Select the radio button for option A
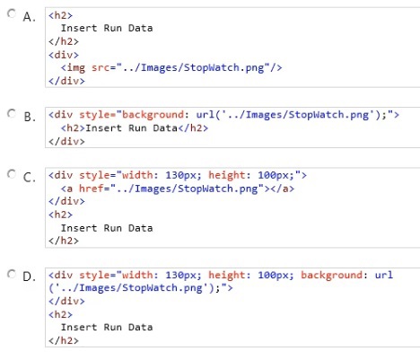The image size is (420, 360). pos(12,13)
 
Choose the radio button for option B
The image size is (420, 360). pos(12,113)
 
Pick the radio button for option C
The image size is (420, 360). pos(12,174)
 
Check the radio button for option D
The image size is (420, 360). pos(12,274)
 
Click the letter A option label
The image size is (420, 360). pos(29,17)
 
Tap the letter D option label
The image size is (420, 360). pos(29,277)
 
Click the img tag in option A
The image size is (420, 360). pos(73,68)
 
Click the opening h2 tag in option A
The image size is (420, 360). pos(60,15)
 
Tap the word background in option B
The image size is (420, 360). pos(153,115)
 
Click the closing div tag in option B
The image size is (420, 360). pos(66,141)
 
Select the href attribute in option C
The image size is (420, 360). pos(92,189)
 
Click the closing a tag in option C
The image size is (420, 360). pos(283,189)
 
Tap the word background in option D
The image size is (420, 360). pos(331,276)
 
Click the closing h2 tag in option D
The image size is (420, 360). pos(64,340)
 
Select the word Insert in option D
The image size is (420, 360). pos(79,327)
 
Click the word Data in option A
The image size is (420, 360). pos(141,28)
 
